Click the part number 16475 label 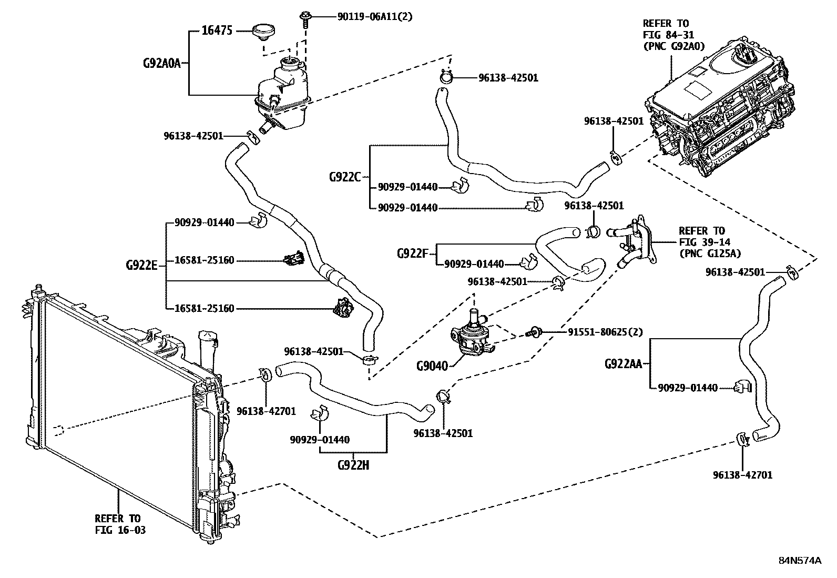[x=217, y=31]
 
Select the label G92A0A [x=161, y=64]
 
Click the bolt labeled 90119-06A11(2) [x=305, y=18]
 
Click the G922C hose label [x=344, y=177]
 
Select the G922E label [x=141, y=265]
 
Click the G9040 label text [x=432, y=366]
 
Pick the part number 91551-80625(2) [x=605, y=332]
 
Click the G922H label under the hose [x=353, y=465]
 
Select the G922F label [x=413, y=254]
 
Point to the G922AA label [x=623, y=363]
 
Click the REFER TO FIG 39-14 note [x=709, y=242]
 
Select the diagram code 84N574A [x=799, y=560]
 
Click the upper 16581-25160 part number [x=204, y=260]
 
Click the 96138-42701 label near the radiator [x=266, y=410]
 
